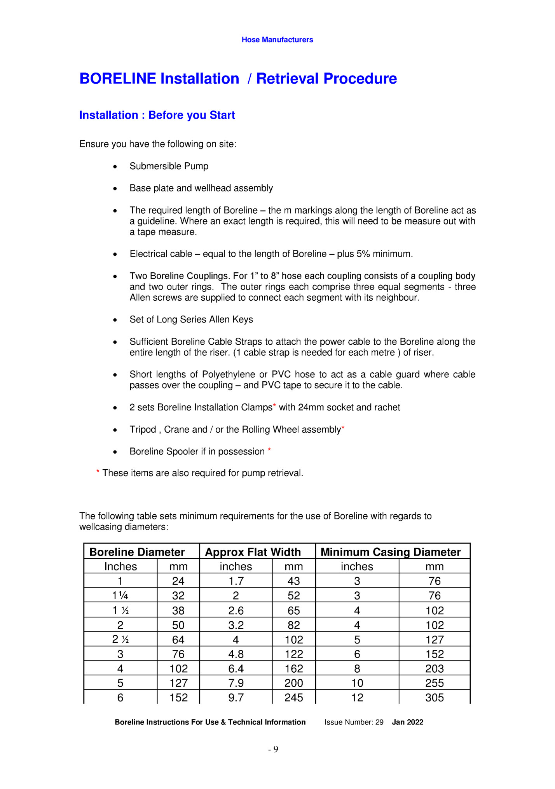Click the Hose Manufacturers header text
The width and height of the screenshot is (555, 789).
(x=277, y=40)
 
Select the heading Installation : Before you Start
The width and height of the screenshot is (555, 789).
(x=157, y=115)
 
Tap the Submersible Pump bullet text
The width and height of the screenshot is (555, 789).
(x=169, y=166)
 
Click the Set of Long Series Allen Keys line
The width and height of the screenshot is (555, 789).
(x=191, y=319)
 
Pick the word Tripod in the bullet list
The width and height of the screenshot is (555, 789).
(x=142, y=430)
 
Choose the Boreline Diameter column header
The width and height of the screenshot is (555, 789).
(x=137, y=552)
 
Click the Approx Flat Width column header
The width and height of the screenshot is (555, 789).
(x=253, y=552)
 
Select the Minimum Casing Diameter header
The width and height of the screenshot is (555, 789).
(x=390, y=552)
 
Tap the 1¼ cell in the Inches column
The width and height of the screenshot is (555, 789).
(x=120, y=596)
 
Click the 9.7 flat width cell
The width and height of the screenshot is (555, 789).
(x=236, y=698)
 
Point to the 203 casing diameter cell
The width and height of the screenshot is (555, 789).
(x=434, y=668)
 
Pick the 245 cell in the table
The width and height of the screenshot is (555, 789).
(x=293, y=698)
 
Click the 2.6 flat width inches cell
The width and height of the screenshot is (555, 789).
(x=236, y=610)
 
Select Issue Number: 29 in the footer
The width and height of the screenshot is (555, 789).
(x=354, y=722)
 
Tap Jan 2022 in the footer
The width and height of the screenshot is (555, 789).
(x=407, y=722)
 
